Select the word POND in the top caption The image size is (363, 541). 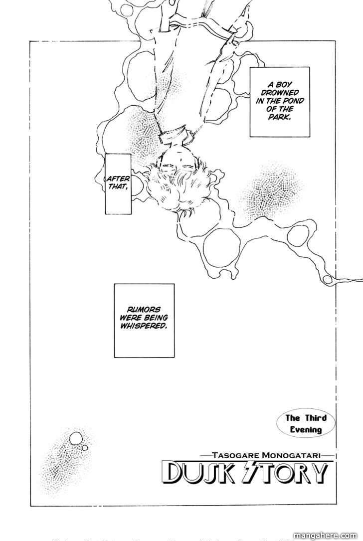pos(286,102)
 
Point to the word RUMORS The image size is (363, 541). pos(145,309)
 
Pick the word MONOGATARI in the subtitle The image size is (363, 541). pos(285,454)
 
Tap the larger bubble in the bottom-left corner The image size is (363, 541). pos(76,438)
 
